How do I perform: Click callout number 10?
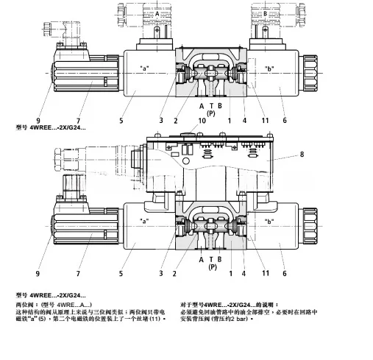pos(201,120)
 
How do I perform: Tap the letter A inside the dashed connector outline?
pos(156,14)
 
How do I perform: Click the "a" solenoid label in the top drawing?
pos(145,68)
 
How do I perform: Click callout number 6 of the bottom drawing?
pos(284,272)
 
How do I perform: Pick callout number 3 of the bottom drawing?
pos(160,272)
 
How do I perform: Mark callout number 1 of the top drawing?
pos(230,120)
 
